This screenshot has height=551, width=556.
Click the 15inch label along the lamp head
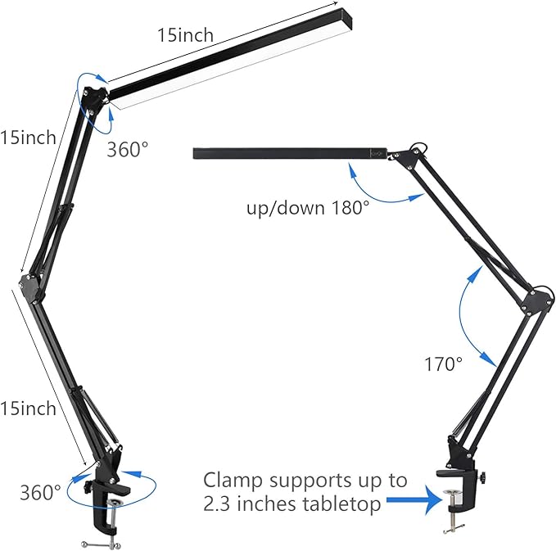[x=185, y=35]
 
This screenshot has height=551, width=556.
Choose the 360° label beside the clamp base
[x=41, y=492]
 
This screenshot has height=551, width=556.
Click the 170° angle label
[x=443, y=364]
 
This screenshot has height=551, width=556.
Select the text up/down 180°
[x=308, y=208]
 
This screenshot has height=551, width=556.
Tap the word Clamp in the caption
[x=234, y=480]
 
